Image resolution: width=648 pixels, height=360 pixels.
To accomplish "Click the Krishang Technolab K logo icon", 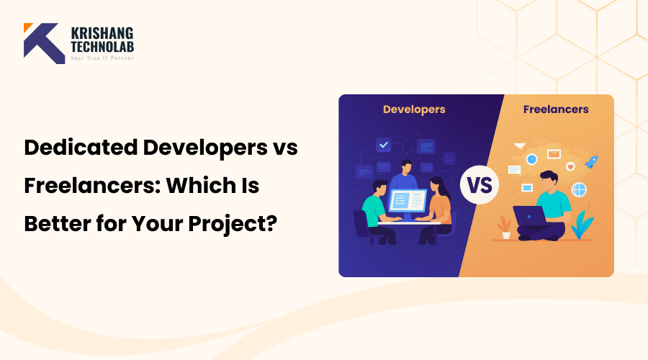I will (x=44, y=43).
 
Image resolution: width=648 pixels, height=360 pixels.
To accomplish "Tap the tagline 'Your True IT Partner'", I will (x=102, y=58).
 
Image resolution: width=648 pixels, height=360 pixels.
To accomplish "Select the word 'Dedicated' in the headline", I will (x=79, y=148).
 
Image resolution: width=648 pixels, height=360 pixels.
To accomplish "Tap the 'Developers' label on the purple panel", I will (x=414, y=109).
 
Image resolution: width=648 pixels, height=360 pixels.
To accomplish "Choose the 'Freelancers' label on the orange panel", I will (x=556, y=109).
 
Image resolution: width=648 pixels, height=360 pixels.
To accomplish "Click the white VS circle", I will (x=480, y=185).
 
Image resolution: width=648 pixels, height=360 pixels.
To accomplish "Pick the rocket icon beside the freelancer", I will (x=592, y=162).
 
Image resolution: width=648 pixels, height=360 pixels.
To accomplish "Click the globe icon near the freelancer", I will (x=578, y=189).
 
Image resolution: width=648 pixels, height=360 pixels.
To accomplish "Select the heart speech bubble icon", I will (x=570, y=166).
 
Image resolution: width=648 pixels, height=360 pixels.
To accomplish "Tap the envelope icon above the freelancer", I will (x=554, y=153).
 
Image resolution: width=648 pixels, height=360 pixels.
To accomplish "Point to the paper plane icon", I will (x=519, y=146).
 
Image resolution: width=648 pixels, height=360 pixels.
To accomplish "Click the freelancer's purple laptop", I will (x=529, y=215).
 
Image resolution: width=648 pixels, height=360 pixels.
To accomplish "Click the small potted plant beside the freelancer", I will (x=506, y=228).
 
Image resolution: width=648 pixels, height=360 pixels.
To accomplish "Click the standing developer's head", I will (x=406, y=166).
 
